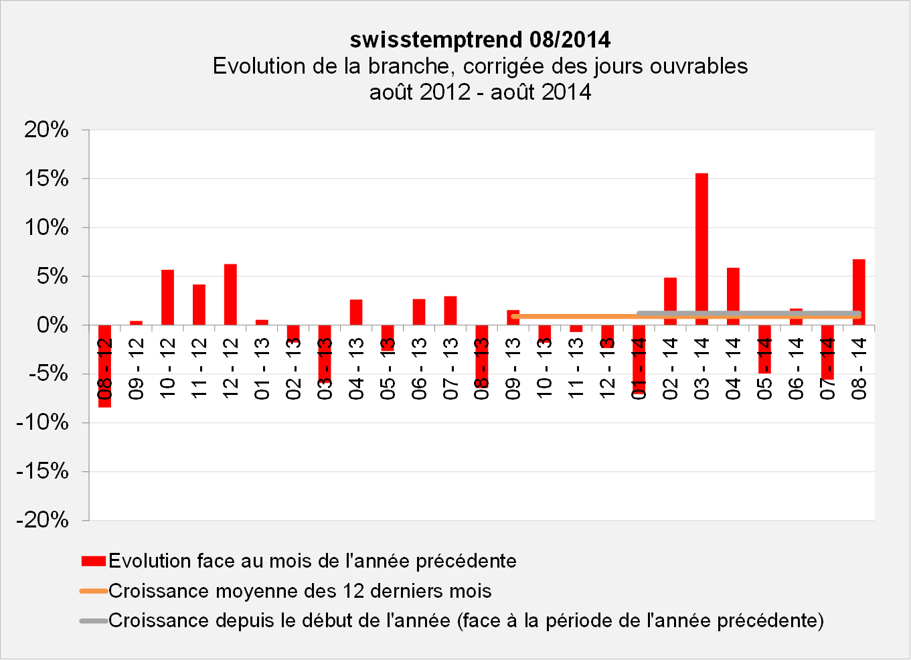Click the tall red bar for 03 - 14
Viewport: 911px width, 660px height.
701,249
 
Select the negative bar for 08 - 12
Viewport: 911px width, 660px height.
104,366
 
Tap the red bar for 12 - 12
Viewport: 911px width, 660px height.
230,295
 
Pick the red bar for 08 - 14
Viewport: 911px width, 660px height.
859,292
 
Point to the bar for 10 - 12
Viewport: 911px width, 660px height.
167,297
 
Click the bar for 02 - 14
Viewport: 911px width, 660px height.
670,301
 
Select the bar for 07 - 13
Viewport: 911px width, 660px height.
450,311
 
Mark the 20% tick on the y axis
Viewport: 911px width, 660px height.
47,130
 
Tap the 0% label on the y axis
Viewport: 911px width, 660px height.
52,325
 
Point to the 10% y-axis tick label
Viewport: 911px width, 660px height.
47,228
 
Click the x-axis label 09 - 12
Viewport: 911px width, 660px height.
137,369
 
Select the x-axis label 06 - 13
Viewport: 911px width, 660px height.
420,369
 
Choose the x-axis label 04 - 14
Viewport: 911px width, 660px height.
733,369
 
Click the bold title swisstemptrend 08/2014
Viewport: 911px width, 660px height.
480,40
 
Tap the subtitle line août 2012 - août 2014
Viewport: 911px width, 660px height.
480,92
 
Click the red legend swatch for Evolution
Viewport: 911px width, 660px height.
94,561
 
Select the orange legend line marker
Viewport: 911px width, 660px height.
94,591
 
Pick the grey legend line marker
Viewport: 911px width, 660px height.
94,621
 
